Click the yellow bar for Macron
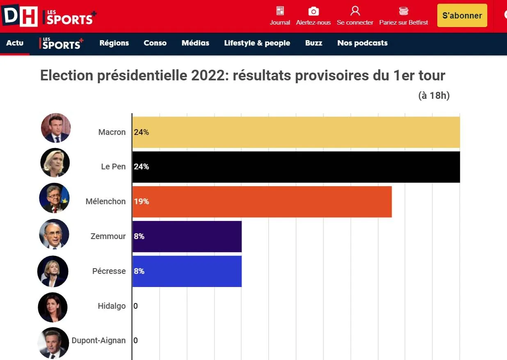click(x=296, y=132)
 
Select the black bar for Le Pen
click(x=296, y=167)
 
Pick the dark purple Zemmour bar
click(x=187, y=237)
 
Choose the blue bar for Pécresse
click(x=187, y=271)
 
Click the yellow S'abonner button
click(x=462, y=16)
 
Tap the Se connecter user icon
click(x=355, y=11)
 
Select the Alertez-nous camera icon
click(x=313, y=11)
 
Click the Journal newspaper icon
click(x=280, y=11)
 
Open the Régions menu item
click(x=114, y=43)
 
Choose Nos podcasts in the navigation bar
click(x=362, y=43)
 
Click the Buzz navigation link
click(x=313, y=43)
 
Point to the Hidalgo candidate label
click(x=112, y=306)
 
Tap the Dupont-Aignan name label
click(x=98, y=340)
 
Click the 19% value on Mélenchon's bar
click(x=142, y=202)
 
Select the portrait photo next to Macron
click(x=56, y=128)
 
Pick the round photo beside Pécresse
click(x=53, y=271)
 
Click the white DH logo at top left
click(x=19, y=16)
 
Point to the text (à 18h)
click(x=434, y=96)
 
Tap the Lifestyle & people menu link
click(x=257, y=43)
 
